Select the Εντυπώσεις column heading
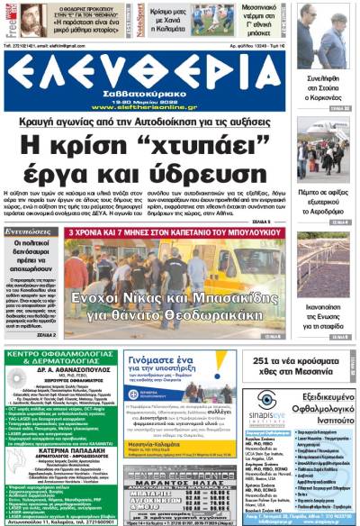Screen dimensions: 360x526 (27, 232)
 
